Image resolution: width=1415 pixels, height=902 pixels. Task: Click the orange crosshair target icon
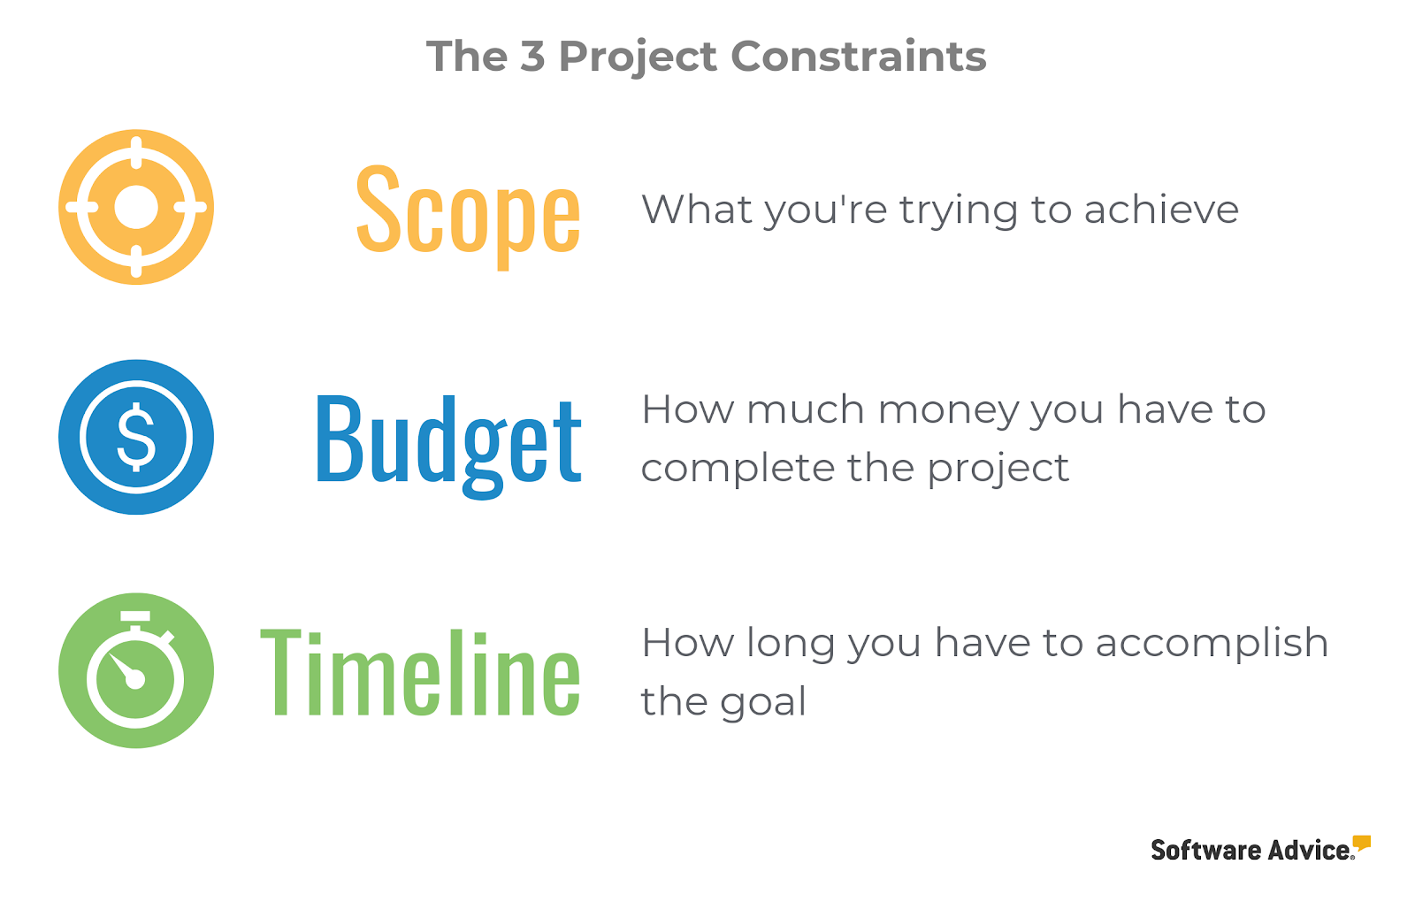pyautogui.click(x=136, y=207)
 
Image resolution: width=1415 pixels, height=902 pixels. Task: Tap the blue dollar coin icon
pyautogui.click(x=136, y=437)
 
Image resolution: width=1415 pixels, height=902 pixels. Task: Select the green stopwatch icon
pyautogui.click(x=136, y=670)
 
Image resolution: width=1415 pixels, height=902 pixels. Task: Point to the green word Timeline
pyautogui.click(x=420, y=673)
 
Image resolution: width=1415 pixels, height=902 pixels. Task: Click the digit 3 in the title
pyautogui.click(x=532, y=57)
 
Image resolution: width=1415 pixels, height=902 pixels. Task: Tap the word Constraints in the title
pyautogui.click(x=859, y=57)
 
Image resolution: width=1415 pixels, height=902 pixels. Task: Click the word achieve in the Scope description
pyautogui.click(x=1161, y=209)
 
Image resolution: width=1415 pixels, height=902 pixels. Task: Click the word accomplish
pyautogui.click(x=1212, y=646)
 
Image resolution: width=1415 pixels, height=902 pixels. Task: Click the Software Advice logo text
pyautogui.click(x=1252, y=850)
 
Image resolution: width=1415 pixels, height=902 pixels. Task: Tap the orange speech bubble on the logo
pyautogui.click(x=1362, y=844)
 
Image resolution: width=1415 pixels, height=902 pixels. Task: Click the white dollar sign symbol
pyautogui.click(x=136, y=437)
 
